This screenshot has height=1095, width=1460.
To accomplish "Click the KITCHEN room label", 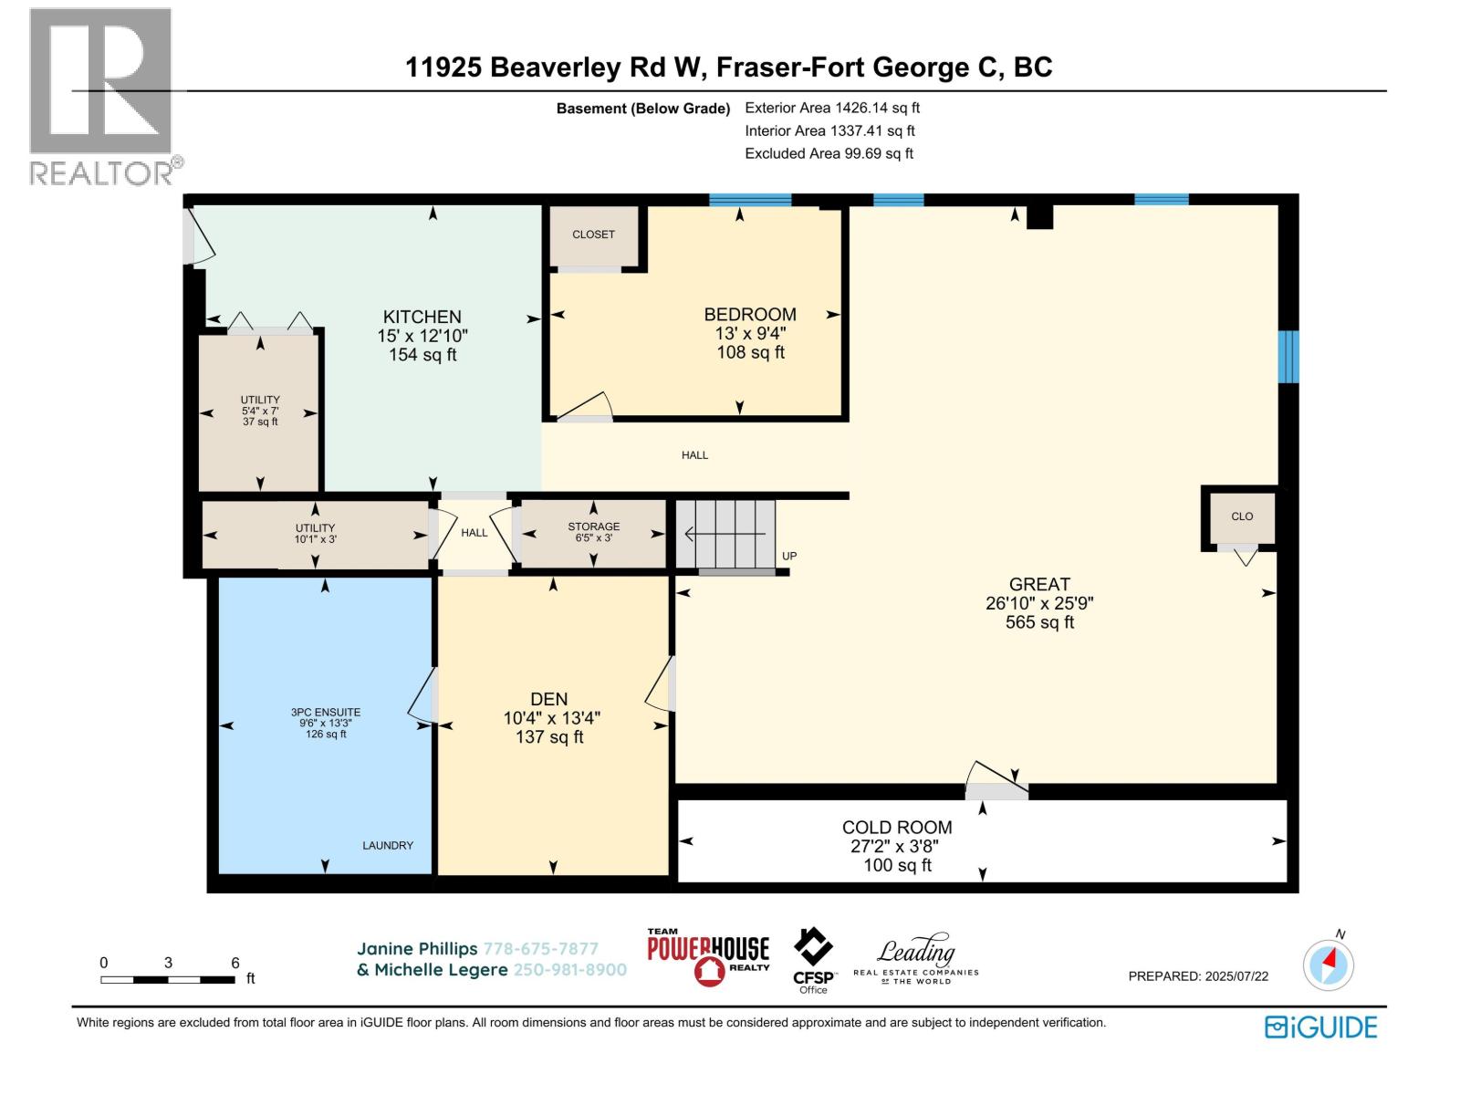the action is click(422, 317).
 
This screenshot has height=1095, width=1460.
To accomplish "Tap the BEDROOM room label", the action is click(750, 314).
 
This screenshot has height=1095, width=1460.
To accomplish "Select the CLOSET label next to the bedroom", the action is click(593, 234).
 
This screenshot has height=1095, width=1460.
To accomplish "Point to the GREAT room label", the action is click(1039, 584).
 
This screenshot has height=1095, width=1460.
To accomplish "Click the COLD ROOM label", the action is click(897, 827).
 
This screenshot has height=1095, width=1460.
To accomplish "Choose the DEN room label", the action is click(548, 699).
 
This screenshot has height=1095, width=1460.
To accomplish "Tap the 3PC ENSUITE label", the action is click(325, 712).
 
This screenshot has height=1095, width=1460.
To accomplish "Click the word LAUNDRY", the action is click(388, 845).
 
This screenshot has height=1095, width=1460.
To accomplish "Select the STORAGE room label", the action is click(593, 526).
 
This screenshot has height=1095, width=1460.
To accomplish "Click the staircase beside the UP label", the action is click(725, 534).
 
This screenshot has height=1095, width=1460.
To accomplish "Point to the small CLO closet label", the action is click(1242, 516).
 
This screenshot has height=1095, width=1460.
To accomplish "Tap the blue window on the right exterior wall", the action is click(1288, 357).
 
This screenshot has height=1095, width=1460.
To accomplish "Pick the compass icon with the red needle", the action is click(1328, 964).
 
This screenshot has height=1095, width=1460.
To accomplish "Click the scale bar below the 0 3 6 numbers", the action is click(168, 979).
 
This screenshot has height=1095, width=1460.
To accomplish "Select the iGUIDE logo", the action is click(1320, 1027).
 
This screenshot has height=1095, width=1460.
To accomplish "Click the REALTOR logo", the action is click(104, 97).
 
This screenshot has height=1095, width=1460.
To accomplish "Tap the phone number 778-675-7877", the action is click(541, 949).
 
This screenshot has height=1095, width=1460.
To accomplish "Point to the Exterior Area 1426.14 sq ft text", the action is click(832, 108).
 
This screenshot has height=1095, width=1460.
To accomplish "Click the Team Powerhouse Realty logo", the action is click(708, 956).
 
